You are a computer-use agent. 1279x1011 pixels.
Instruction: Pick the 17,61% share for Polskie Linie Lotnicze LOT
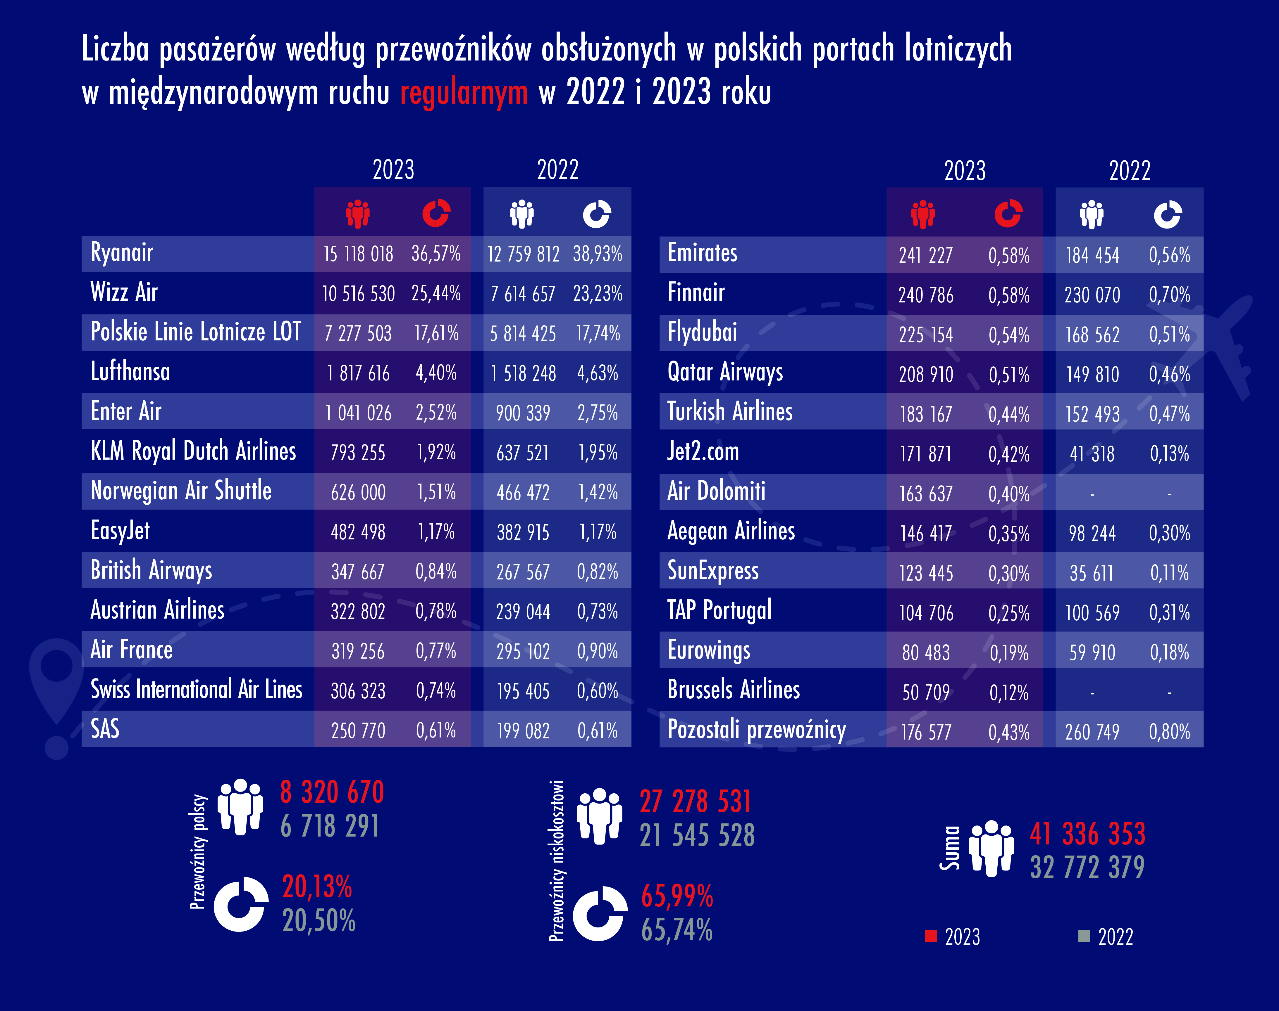(x=436, y=333)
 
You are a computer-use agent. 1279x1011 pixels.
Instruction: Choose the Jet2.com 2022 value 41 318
(x=1092, y=454)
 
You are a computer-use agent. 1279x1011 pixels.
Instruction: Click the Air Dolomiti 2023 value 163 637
(x=926, y=494)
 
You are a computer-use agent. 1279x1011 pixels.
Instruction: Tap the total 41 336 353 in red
(x=1087, y=833)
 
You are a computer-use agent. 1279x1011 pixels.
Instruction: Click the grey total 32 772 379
(x=1087, y=867)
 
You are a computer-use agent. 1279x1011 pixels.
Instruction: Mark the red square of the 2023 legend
(x=931, y=936)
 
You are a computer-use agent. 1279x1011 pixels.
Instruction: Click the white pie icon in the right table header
(x=1168, y=214)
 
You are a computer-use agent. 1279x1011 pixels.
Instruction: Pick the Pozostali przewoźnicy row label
(x=757, y=730)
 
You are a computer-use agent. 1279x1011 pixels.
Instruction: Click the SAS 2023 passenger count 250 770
(x=358, y=730)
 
